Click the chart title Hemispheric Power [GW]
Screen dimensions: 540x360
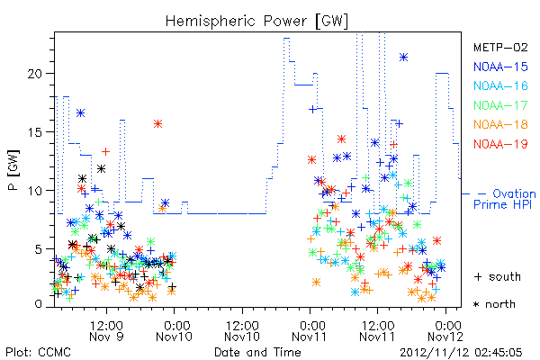(x=256, y=21)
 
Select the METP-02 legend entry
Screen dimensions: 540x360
(x=500, y=47)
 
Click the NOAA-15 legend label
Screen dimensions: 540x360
(x=500, y=67)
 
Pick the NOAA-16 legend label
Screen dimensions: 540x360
(x=500, y=85)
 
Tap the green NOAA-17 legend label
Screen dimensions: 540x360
(x=500, y=105)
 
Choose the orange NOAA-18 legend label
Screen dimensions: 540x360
(x=500, y=124)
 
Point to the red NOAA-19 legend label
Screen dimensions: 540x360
(x=500, y=144)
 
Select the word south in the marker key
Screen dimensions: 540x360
(x=505, y=276)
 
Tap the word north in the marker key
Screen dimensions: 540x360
(x=500, y=304)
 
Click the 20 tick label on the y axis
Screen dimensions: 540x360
(x=36, y=74)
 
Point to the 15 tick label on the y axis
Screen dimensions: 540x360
(x=36, y=132)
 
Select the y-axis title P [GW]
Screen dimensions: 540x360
(x=13, y=170)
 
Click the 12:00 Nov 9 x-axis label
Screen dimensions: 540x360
(x=106, y=330)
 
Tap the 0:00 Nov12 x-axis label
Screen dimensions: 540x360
(x=446, y=330)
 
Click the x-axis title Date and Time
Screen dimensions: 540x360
(x=257, y=353)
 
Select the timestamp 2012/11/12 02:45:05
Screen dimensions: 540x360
(x=461, y=353)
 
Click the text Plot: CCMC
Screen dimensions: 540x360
(x=38, y=353)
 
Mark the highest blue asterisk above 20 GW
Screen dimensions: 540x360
(x=404, y=58)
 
